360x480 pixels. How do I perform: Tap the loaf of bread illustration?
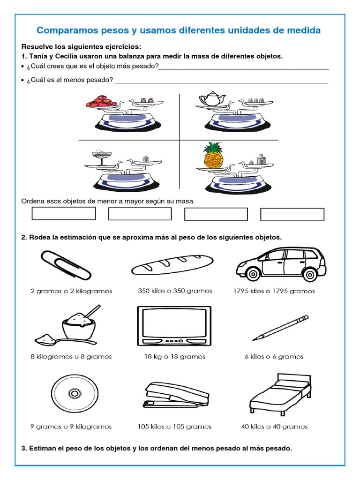point(172,265)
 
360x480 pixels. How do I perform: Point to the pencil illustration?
point(280,328)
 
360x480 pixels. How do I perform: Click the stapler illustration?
point(174,395)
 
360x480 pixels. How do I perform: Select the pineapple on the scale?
point(213,156)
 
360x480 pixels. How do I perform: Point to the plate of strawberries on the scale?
point(99,101)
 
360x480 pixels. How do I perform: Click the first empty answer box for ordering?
point(64,214)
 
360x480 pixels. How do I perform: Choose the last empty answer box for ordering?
point(292,214)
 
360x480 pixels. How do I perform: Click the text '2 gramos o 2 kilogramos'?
point(71,291)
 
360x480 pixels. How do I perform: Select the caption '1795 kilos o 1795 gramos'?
point(274,291)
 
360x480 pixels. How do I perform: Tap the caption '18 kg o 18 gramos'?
point(174,357)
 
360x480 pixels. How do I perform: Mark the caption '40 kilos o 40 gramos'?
point(274,427)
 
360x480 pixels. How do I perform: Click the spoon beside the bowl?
point(47,338)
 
